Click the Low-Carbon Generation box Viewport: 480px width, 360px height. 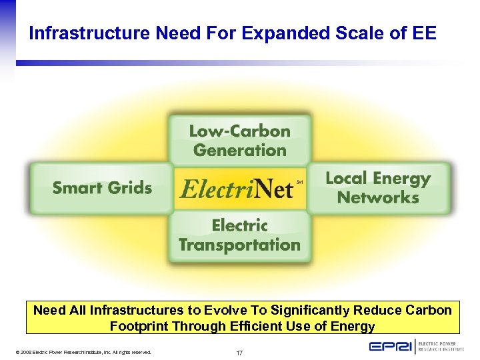240,140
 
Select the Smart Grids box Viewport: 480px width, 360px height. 101,188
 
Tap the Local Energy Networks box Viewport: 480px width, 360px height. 378,188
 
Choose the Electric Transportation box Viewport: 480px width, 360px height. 239,235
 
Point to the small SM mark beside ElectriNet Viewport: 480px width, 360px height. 299,181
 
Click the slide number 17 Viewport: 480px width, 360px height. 239,352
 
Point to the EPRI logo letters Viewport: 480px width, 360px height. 391,347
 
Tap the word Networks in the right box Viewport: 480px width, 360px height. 378,197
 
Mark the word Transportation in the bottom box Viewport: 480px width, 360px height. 239,245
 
